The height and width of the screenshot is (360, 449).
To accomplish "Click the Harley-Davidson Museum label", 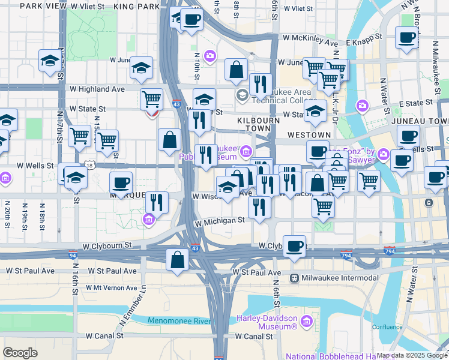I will (267, 322).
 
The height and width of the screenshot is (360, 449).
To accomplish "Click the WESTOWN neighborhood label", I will (309, 135).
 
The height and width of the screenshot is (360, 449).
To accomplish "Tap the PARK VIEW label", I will (43, 5).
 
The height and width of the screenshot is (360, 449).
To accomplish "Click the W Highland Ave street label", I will (97, 89).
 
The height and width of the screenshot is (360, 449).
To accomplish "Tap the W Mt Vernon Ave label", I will (112, 287).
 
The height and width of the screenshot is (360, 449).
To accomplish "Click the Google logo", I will (20, 353).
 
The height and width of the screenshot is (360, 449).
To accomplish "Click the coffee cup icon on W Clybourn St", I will (294, 246).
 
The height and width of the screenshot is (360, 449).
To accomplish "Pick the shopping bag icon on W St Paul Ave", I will (178, 260).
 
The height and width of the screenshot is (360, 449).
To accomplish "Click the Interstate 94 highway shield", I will (72, 255).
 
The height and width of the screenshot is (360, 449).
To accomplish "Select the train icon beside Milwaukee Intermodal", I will (295, 278).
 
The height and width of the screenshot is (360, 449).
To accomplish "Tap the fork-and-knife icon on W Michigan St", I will (259, 208).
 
